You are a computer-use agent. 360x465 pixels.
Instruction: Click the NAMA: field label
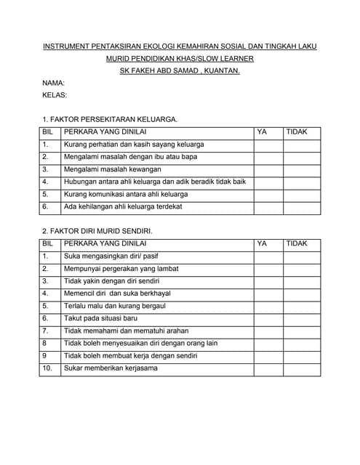coord(54,83)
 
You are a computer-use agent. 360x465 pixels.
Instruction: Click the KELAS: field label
coord(55,95)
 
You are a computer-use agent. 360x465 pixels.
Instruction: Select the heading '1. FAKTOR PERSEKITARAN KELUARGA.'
coord(110,119)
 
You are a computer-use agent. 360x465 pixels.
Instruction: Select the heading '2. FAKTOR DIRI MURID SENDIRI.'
coord(97,231)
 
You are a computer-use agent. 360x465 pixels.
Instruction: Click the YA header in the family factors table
coord(263,132)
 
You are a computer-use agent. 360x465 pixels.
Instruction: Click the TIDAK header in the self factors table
coord(297,243)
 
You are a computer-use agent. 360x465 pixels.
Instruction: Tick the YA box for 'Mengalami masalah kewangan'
coord(268,169)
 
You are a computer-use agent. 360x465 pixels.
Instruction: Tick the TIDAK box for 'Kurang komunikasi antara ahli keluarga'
coord(302,195)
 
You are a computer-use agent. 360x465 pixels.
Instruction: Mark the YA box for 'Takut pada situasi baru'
coord(268,318)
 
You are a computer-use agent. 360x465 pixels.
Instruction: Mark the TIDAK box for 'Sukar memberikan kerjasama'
coord(302,368)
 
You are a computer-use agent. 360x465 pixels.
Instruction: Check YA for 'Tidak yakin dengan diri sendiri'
coord(268,281)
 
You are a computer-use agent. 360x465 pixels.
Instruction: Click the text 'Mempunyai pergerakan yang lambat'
coord(121,269)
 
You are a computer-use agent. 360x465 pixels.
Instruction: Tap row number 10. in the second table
coord(47,368)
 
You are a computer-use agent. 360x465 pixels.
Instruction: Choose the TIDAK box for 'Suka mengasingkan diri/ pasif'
coord(302,256)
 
